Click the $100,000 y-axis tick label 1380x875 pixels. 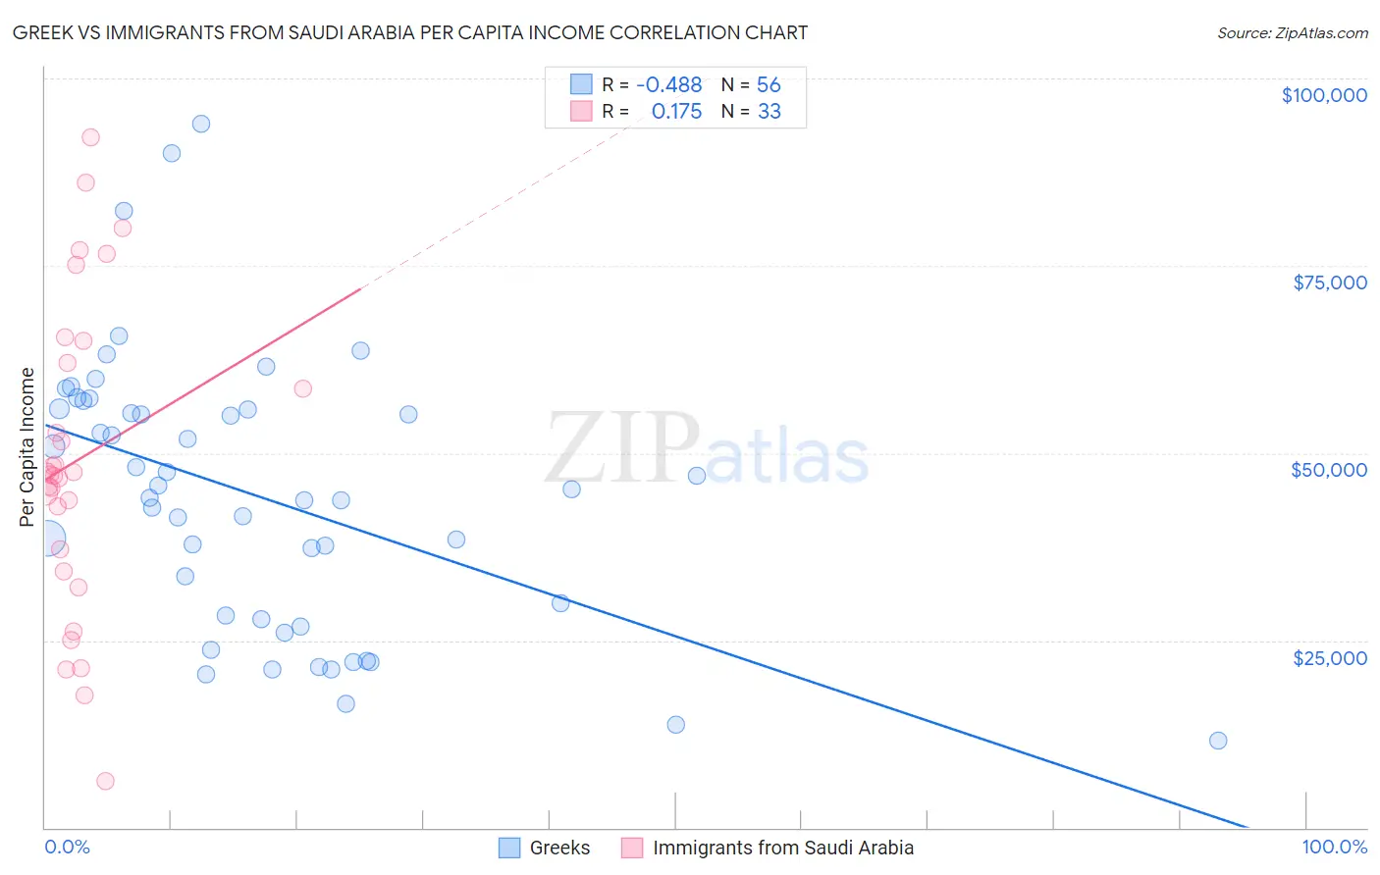pos(1324,95)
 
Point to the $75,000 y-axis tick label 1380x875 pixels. pos(1330,283)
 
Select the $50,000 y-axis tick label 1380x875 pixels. pos(1329,470)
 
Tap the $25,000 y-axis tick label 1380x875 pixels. pos(1330,658)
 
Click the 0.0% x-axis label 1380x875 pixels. pos(67,847)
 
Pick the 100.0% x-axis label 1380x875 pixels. pos(1334,847)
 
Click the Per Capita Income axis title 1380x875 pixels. pos(27,447)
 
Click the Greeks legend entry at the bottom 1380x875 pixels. pos(559,848)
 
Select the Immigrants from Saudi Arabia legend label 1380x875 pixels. pos(782,848)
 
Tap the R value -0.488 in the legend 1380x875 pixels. pos(668,85)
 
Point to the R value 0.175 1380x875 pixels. pos(676,112)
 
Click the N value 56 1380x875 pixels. pos(769,85)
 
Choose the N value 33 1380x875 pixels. pos(769,112)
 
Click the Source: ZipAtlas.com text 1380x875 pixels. pos(1292,33)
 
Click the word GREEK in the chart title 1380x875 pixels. pos(42,33)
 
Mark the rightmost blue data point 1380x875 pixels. pos(1218,741)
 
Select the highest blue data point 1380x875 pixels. pos(201,124)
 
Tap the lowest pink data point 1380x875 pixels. pos(105,781)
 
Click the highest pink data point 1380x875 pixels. pos(90,137)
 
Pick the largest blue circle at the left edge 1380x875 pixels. pos(46,540)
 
